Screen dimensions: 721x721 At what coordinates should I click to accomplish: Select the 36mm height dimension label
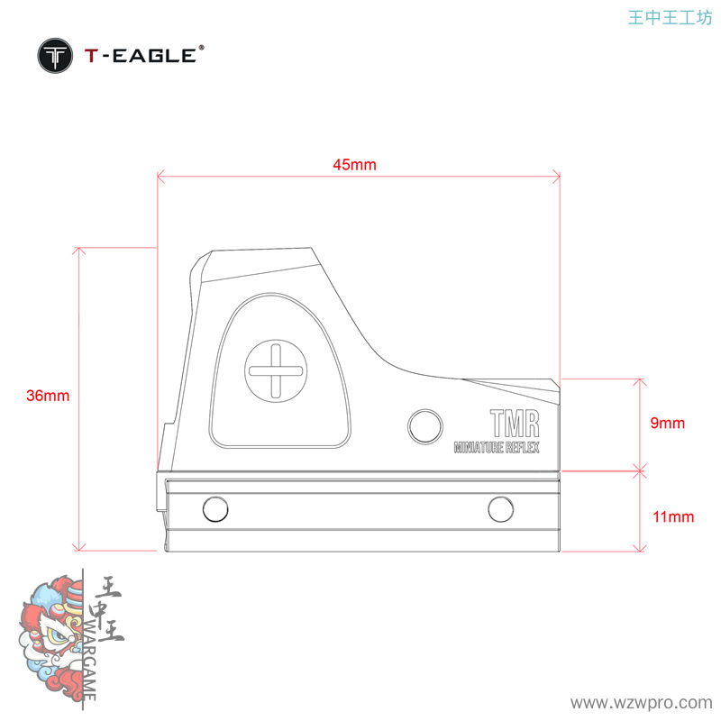48,396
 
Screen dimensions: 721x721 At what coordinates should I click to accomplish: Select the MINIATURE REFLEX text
497,447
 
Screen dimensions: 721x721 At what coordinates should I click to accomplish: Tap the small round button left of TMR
425,424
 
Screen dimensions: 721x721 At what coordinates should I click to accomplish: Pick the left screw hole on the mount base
215,509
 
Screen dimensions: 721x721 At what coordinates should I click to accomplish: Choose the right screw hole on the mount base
501,509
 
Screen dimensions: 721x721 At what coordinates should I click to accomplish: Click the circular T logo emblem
56,57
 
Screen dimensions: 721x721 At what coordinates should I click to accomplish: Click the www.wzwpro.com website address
643,702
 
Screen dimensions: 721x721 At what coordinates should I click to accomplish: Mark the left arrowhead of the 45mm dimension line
160,176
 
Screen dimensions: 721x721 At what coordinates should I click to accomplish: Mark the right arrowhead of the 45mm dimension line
557,176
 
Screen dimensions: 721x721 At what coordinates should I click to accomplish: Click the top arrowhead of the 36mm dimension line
79,250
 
